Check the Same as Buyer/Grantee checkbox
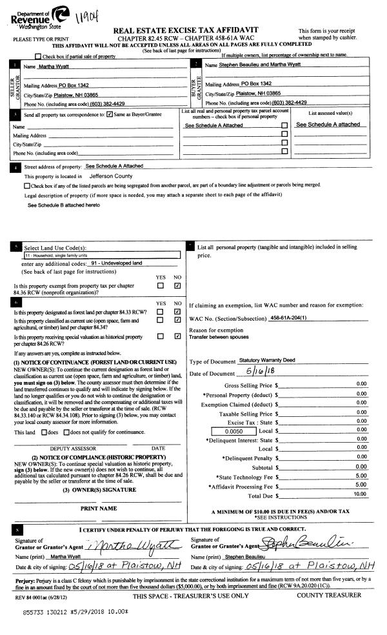110,115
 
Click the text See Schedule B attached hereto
64,205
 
